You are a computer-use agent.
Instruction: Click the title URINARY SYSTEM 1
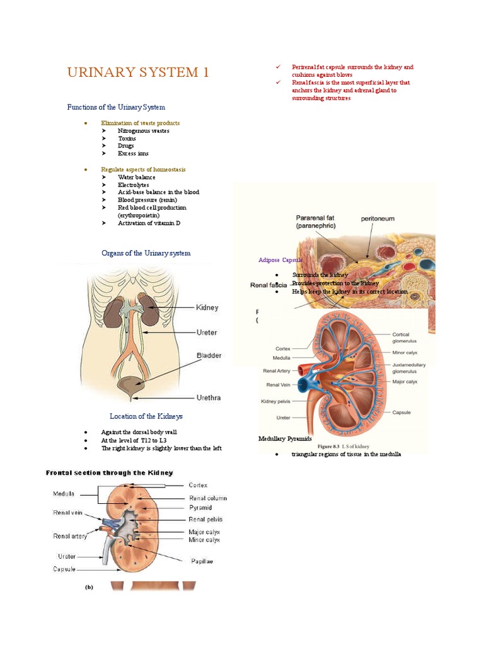click(137, 72)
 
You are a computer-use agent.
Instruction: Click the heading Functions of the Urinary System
click(116, 107)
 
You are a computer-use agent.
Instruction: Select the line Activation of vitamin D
click(153, 223)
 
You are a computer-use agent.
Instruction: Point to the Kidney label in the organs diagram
click(207, 307)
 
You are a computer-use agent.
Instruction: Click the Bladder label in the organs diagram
click(209, 355)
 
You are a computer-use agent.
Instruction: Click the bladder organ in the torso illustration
click(132, 385)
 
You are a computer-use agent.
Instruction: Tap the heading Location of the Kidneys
click(146, 416)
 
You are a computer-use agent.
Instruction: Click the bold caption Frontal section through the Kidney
click(109, 472)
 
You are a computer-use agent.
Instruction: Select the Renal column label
click(208, 498)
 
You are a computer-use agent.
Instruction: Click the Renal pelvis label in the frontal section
click(205, 520)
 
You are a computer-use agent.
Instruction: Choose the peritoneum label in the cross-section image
click(377, 219)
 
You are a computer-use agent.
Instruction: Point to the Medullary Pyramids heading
click(285, 438)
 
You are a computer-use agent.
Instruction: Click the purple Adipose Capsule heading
click(280, 260)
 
